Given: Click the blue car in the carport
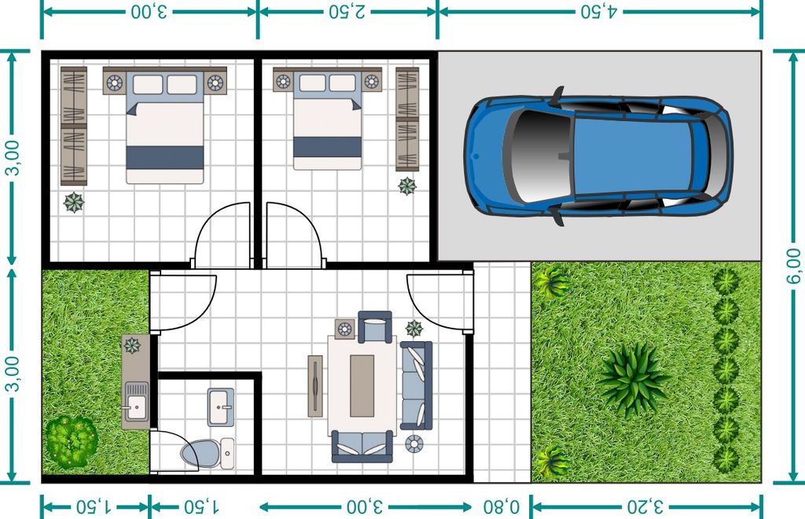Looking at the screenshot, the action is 597,156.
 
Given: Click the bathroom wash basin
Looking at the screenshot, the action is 221,407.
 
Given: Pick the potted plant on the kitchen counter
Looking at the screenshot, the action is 132,345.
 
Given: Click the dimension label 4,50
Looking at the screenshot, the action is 598,11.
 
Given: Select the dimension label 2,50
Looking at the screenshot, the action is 347,11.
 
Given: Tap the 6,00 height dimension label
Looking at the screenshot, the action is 793,266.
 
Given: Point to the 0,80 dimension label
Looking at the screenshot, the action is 501,507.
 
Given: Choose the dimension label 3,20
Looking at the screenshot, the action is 645,507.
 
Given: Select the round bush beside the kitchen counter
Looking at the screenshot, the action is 71,441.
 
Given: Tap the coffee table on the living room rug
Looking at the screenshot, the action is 362,385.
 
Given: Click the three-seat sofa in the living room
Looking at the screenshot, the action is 417,385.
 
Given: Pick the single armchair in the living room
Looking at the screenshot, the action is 375,326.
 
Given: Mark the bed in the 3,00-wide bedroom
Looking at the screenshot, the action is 165,127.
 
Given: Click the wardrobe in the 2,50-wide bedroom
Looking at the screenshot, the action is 407,120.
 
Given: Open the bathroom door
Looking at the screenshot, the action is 175,450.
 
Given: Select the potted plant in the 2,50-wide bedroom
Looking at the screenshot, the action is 407,186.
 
